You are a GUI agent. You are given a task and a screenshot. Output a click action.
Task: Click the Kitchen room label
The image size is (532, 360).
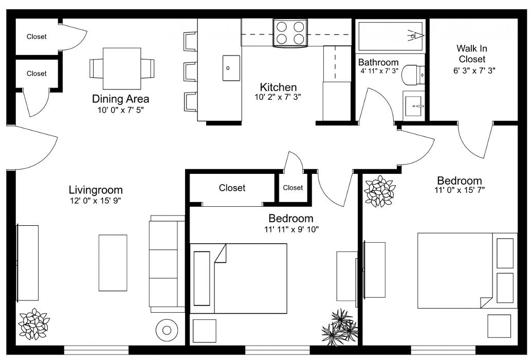(x=278, y=87)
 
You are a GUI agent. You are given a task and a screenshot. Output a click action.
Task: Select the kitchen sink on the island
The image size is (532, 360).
(x=231, y=68)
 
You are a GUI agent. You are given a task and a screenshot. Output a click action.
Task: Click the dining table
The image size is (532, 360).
(x=122, y=68)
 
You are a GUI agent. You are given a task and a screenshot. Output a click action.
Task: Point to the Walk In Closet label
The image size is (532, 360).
(x=472, y=53)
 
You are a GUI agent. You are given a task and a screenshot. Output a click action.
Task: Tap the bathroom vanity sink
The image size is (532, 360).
(x=414, y=105)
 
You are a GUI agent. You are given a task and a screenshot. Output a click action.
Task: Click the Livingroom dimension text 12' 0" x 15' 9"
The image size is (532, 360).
(x=96, y=200)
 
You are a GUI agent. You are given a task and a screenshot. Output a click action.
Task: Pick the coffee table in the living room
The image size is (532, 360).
(x=113, y=263)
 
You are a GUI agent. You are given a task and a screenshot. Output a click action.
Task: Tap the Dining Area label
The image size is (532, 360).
(x=120, y=99)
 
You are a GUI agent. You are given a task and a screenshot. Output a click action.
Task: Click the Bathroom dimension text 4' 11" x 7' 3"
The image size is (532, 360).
(x=379, y=71)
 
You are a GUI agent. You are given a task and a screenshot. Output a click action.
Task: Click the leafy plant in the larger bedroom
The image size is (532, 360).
(x=379, y=191)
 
